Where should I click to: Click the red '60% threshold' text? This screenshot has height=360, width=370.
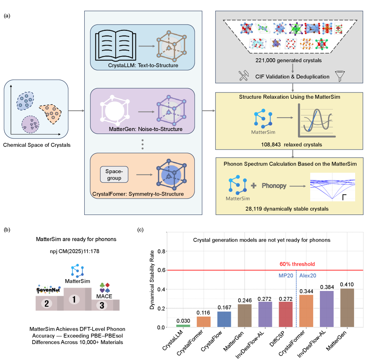[297, 264]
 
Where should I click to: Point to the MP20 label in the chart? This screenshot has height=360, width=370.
[286, 276]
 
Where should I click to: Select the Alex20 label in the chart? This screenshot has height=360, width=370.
[307, 276]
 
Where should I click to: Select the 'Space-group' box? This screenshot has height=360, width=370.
[114, 174]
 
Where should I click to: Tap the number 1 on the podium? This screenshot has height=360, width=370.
[74, 299]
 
